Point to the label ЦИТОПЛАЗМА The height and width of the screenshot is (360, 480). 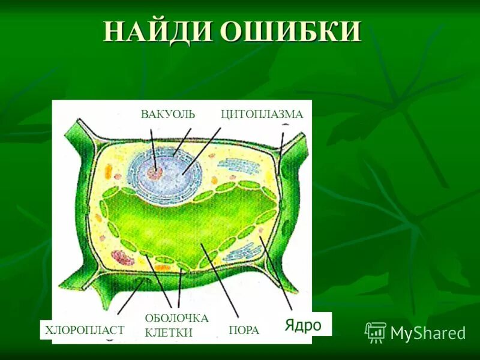[x=262, y=114]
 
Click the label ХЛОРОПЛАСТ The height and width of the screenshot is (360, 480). [x=85, y=329]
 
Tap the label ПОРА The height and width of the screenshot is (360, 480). [x=244, y=330]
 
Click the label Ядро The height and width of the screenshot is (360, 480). [x=303, y=325]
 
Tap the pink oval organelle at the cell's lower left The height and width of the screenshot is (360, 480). [x=124, y=257]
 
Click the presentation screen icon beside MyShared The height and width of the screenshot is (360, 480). [x=376, y=332]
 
